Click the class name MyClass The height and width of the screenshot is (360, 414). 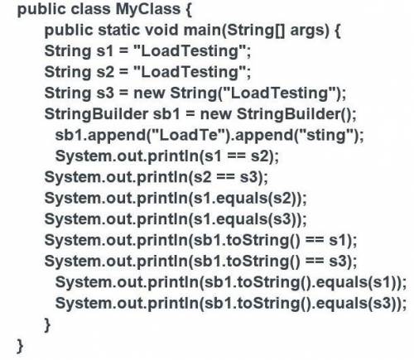pyautogui.click(x=147, y=10)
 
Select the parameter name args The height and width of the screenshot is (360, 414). pyautogui.click(x=310, y=31)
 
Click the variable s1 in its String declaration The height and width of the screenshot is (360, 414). pyautogui.click(x=105, y=51)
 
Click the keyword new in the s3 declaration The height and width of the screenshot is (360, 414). pyautogui.click(x=149, y=94)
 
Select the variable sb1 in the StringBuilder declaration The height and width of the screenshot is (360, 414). pyautogui.click(x=166, y=113)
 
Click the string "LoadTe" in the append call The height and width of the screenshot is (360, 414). pyautogui.click(x=187, y=135)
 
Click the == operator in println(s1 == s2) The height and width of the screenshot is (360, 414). pyautogui.click(x=236, y=156)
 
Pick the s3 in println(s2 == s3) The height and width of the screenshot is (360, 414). pyautogui.click(x=248, y=177)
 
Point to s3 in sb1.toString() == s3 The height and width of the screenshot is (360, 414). pyautogui.click(x=338, y=262)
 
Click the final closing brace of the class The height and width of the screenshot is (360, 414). pyautogui.click(x=20, y=347)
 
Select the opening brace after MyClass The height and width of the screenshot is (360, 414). pyautogui.click(x=189, y=10)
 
